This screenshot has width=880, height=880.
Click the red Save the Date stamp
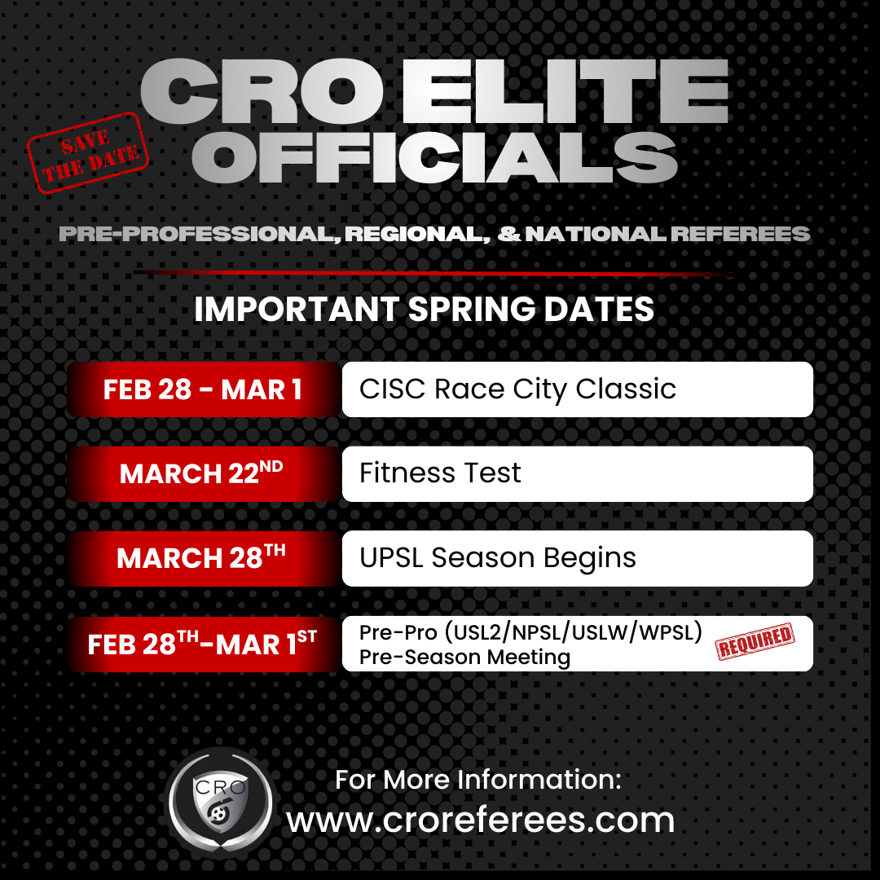coord(88,152)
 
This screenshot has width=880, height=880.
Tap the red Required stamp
coord(755,643)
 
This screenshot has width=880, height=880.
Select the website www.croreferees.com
coord(480,819)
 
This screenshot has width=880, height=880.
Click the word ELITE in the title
coord(565,94)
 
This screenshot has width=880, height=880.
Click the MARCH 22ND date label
coord(202,473)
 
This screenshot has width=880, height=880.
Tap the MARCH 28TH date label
coord(202,558)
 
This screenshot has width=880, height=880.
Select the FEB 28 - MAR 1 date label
coord(202,389)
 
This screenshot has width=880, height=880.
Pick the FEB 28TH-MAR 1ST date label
coord(202,644)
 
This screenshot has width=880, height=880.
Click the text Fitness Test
coord(440,473)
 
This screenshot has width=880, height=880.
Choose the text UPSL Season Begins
coord(498,558)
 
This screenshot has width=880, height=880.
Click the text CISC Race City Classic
coord(517,389)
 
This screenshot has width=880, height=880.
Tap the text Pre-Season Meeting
coord(464,657)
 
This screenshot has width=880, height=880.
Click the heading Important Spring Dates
coord(424,310)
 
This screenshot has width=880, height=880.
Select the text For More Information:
coord(478,779)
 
